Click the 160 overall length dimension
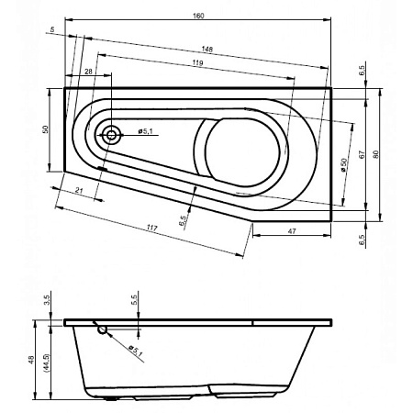pos(198,16)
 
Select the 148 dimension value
pos(207,49)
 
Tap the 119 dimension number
pos(197,63)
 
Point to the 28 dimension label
pos(88,72)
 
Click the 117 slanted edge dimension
pos(152,228)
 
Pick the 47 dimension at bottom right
pos(292,231)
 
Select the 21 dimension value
pos(79,190)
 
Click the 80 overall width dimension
pos(376,154)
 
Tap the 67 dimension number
pos(362,154)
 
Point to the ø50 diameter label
pos(344,164)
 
